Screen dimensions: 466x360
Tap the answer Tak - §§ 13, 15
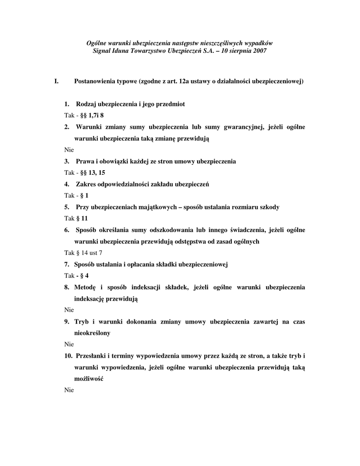point(85,172)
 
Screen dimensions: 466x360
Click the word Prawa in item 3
point(85,161)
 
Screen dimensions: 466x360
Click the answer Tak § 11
point(76,218)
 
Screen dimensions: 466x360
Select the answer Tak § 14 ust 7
point(83,253)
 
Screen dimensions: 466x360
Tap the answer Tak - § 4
point(76,275)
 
